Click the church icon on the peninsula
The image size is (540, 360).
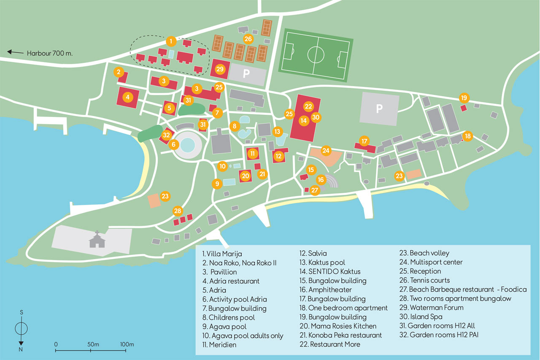tap(97, 239)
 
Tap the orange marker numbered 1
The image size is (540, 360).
tap(171, 41)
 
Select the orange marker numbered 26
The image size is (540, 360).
tap(248, 39)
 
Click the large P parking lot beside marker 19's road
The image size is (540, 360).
tap(379, 109)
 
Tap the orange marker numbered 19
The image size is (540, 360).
tap(464, 98)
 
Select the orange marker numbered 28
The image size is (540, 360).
tap(178, 211)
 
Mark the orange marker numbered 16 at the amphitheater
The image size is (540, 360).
tap(321, 180)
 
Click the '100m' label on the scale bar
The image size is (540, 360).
tap(127, 344)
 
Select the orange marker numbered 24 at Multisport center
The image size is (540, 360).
tap(326, 150)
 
